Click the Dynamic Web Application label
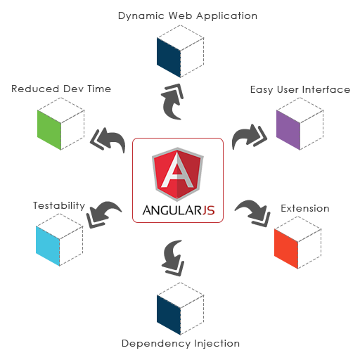click(188, 16)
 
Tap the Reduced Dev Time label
click(61, 89)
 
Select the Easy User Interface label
click(300, 89)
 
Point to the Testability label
click(59, 205)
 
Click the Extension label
click(305, 208)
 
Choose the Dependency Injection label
click(181, 344)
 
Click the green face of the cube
click(49, 130)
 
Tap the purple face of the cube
click(288, 130)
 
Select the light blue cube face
click(48, 246)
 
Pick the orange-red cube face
click(286, 249)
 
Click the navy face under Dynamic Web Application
click(169, 58)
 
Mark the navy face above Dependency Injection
click(169, 315)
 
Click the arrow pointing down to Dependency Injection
click(172, 258)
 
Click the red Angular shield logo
click(178, 174)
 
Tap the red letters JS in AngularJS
click(208, 210)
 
